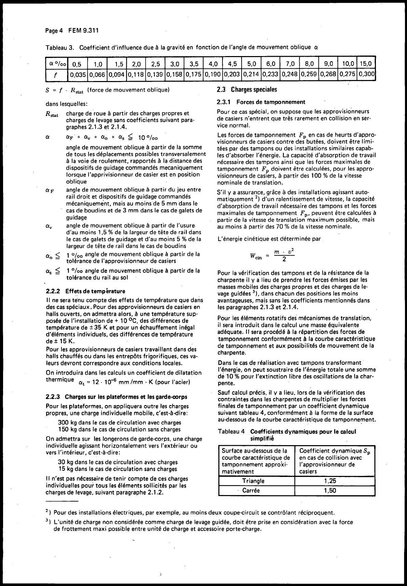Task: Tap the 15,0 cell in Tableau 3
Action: coord(366,64)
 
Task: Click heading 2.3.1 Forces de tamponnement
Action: coord(261,102)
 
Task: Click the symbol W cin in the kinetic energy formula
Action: coord(256,256)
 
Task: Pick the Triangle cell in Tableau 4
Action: coord(253,481)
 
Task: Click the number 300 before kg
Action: coord(64,423)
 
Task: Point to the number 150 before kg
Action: coord(64,429)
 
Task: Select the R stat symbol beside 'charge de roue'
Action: coord(52,114)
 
